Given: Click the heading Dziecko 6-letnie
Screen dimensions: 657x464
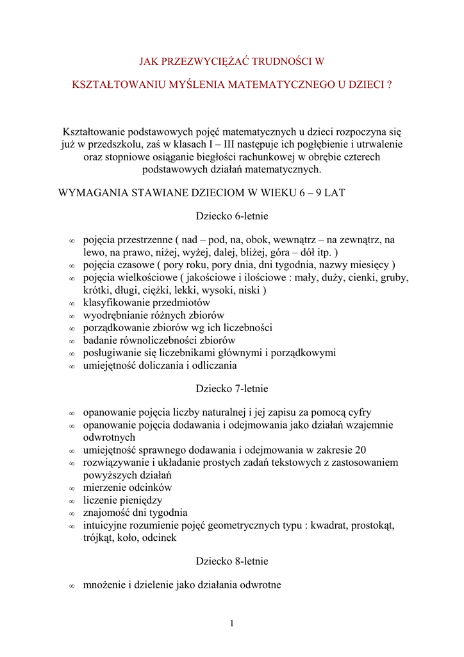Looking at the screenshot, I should click(232, 216).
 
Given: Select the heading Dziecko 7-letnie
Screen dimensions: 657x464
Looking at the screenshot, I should click(232, 388).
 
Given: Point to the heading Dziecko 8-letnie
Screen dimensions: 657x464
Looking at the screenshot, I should click(232, 561).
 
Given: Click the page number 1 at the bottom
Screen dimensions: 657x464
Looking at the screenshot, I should click(232, 623).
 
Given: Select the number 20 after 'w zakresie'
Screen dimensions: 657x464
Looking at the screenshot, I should click(360, 450).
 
